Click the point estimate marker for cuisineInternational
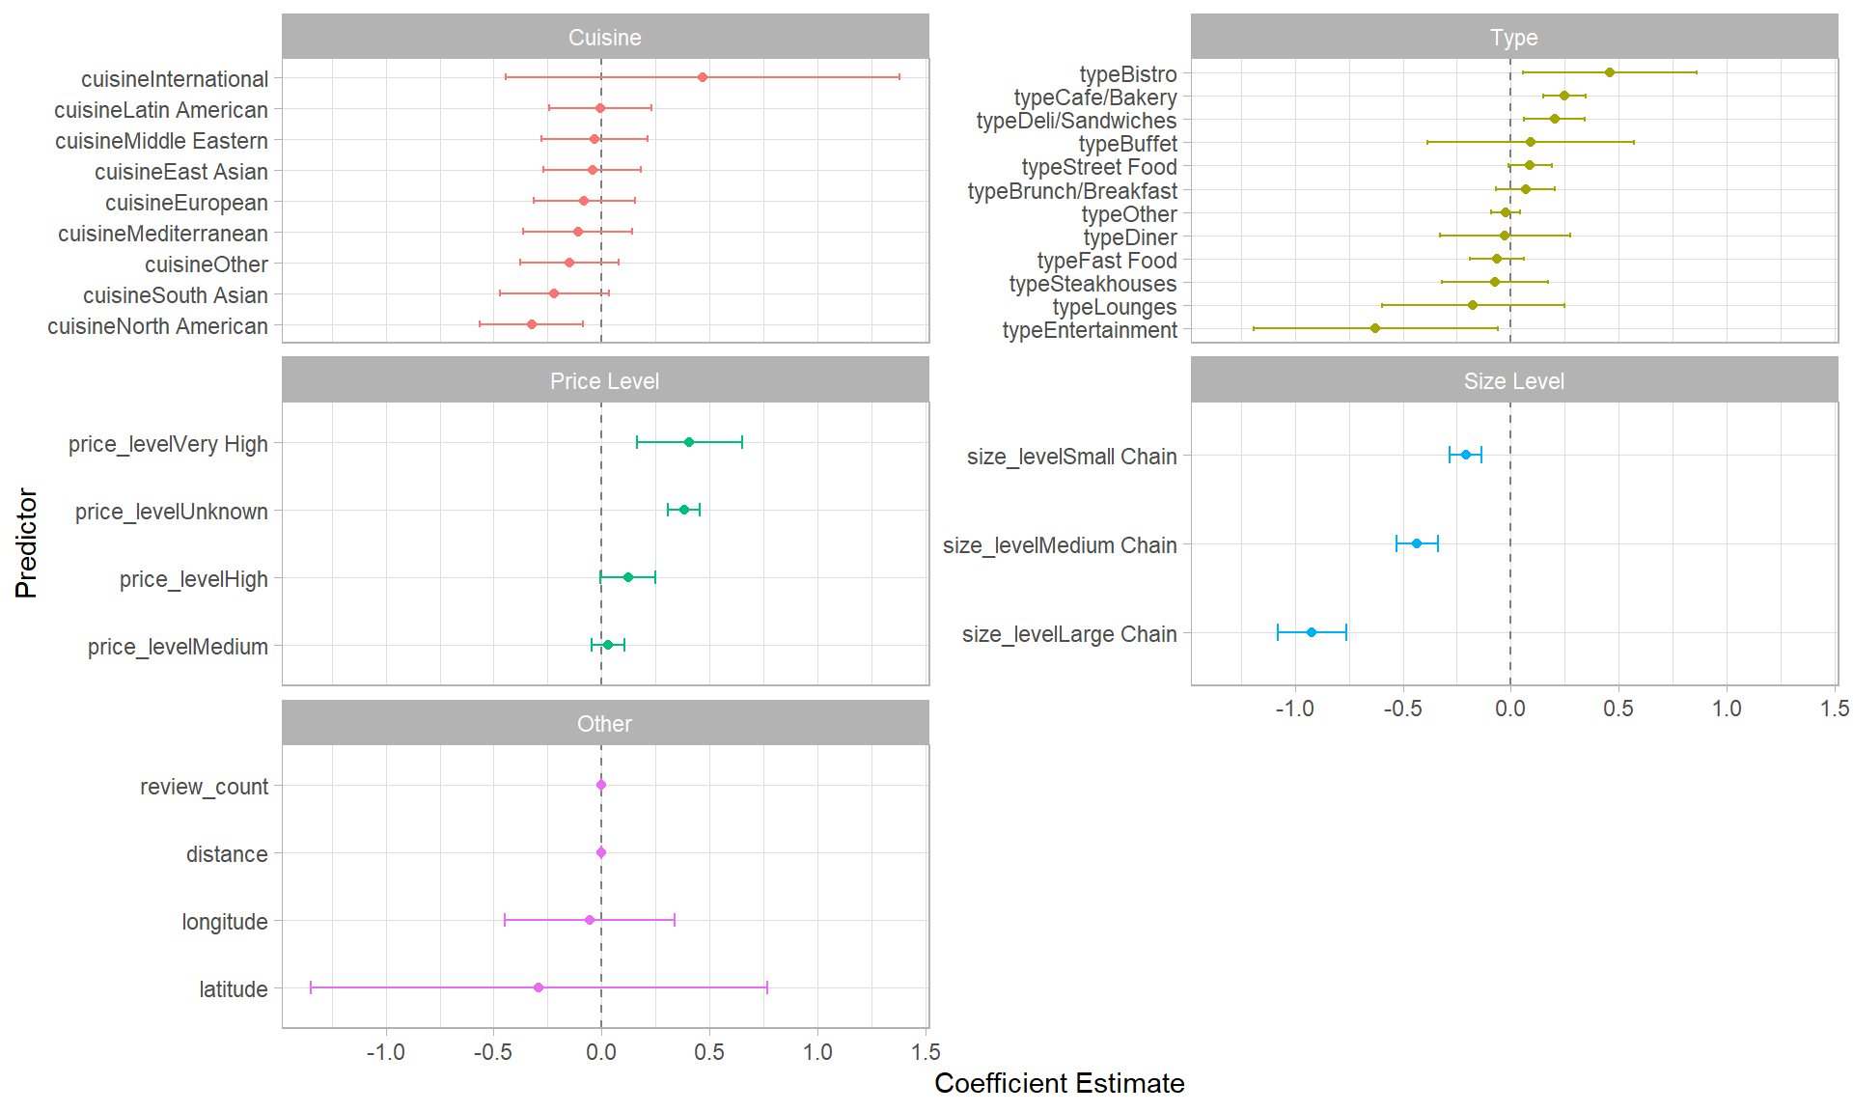pyautogui.click(x=702, y=76)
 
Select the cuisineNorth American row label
pyautogui.click(x=157, y=326)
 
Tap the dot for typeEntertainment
pyautogui.click(x=1374, y=328)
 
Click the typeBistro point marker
pyautogui.click(x=1609, y=72)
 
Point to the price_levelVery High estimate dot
pyautogui.click(x=688, y=442)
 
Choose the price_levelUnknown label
pyautogui.click(x=172, y=512)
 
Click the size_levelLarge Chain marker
pyautogui.click(x=1311, y=632)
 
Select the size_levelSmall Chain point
pyautogui.click(x=1465, y=455)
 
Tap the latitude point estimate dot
pyautogui.click(x=538, y=987)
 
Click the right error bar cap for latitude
pyautogui.click(x=766, y=987)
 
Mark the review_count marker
pyautogui.click(x=600, y=785)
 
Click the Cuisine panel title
pyautogui.click(x=604, y=38)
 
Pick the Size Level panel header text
pyautogui.click(x=1513, y=381)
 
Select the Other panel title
pyautogui.click(x=604, y=724)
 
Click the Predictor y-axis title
pyautogui.click(x=26, y=543)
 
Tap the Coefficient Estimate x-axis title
pyautogui.click(x=1059, y=1083)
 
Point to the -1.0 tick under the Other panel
pyautogui.click(x=385, y=1052)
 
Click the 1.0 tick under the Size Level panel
pyautogui.click(x=1726, y=709)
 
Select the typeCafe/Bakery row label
pyautogui.click(x=1094, y=97)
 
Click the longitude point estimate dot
pyautogui.click(x=589, y=920)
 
